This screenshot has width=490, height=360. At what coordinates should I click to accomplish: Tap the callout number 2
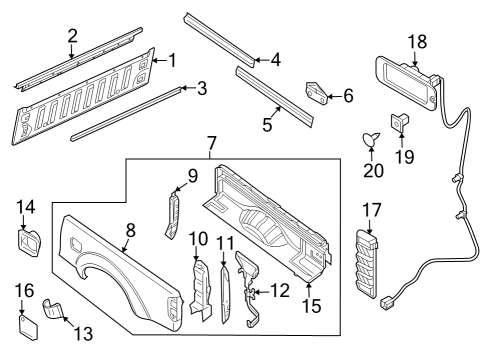click(x=72, y=38)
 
